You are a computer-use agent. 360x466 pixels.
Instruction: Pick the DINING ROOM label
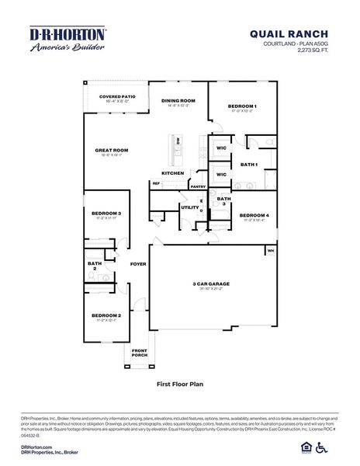178,101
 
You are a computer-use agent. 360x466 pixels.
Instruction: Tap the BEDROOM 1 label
242,106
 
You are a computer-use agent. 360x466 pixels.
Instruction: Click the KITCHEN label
172,172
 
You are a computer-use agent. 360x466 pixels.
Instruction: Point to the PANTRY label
198,186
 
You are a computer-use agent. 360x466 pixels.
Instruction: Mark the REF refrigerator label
156,183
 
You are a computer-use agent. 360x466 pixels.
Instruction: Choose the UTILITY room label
189,207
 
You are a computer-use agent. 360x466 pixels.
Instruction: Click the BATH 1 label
248,165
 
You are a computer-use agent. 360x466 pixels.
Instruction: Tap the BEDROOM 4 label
254,215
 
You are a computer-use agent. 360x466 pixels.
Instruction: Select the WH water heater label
271,251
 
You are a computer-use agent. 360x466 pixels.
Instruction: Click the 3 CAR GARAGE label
210,284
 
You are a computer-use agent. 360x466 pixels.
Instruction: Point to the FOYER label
138,264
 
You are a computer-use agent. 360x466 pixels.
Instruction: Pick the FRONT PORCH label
140,353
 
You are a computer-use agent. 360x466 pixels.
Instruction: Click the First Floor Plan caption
179,384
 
